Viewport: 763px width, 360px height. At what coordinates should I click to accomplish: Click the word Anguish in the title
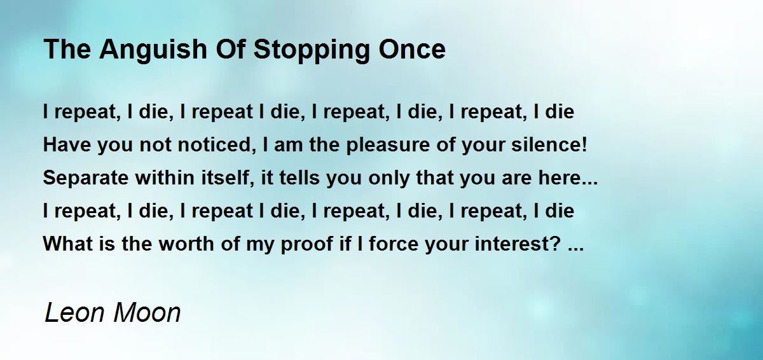tap(153, 50)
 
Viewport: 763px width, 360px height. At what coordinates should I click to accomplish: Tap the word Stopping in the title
tap(312, 50)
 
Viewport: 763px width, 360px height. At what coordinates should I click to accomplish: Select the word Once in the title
tap(412, 50)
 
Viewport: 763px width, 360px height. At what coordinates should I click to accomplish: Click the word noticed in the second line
tap(217, 144)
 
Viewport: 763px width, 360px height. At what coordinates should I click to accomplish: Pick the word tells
tap(299, 177)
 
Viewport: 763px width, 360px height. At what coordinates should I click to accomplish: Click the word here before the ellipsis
tap(555, 177)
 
